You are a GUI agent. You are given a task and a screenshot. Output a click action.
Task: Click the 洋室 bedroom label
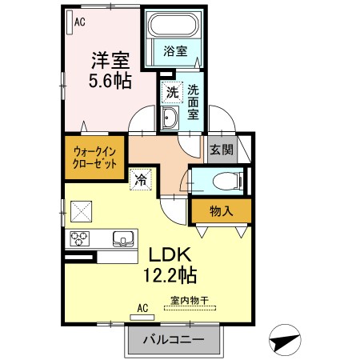tap(108, 61)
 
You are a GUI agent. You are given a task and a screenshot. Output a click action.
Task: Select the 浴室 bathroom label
tap(175, 51)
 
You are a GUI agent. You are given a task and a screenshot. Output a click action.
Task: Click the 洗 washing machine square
tap(171, 93)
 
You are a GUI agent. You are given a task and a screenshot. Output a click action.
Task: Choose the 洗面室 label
tap(194, 102)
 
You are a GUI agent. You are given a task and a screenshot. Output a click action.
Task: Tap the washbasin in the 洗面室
tap(170, 122)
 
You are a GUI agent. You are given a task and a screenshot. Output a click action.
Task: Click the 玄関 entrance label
tap(221, 149)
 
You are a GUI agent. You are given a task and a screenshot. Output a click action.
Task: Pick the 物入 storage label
tap(220, 211)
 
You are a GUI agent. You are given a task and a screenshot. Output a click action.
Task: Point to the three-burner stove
tap(81, 238)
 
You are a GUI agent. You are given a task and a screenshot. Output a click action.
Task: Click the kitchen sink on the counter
tap(124, 238)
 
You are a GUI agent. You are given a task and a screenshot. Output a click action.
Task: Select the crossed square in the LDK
tap(82, 211)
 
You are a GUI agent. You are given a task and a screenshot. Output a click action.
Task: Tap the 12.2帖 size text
tap(170, 276)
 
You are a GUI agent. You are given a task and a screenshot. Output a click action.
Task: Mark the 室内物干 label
tap(188, 301)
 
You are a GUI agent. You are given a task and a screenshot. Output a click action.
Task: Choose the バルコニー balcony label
tap(173, 340)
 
